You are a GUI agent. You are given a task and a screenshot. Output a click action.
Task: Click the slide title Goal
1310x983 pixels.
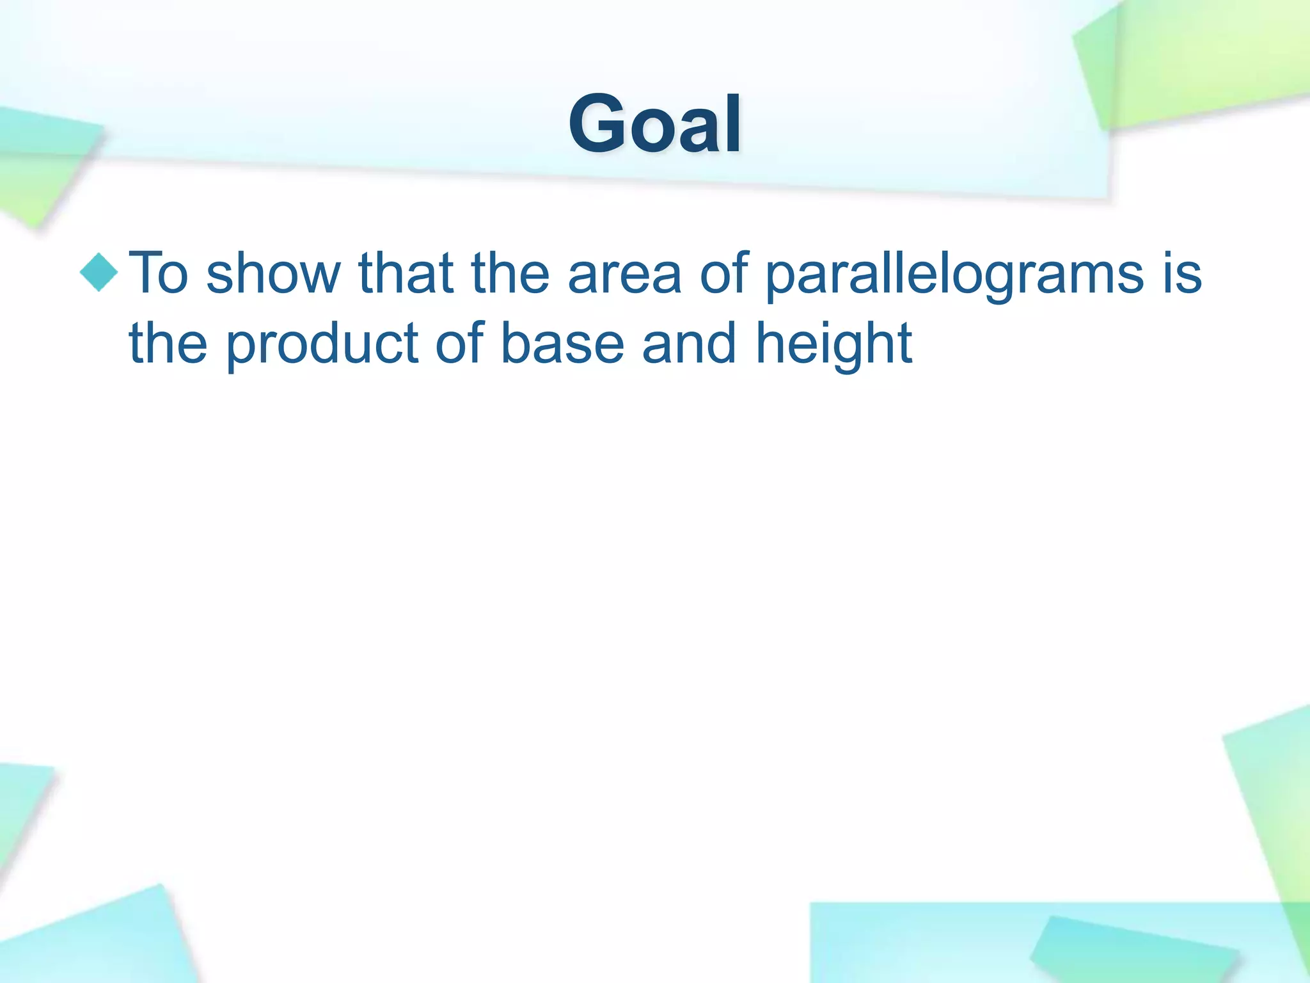coord(654,124)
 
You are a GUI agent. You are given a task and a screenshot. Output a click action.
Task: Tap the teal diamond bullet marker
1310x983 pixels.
coord(99,273)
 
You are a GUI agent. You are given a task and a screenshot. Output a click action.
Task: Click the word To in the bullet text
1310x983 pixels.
coord(159,274)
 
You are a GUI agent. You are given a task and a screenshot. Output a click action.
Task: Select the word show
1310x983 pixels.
coord(273,274)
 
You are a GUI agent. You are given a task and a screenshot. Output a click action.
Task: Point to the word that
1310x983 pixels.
coord(406,274)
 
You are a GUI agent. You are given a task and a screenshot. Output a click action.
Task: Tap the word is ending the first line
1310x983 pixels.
coord(1183,274)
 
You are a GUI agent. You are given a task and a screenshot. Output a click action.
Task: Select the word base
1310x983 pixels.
coord(562,344)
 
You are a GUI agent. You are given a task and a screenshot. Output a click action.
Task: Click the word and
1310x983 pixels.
coord(689,344)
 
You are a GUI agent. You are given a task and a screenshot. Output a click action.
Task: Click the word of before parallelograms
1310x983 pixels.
coord(723,274)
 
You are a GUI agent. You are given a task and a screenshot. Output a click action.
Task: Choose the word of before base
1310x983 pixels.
coord(459,344)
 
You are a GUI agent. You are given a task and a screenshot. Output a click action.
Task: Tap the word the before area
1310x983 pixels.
coord(510,274)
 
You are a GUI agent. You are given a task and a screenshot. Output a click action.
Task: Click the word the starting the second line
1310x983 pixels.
coord(168,344)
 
